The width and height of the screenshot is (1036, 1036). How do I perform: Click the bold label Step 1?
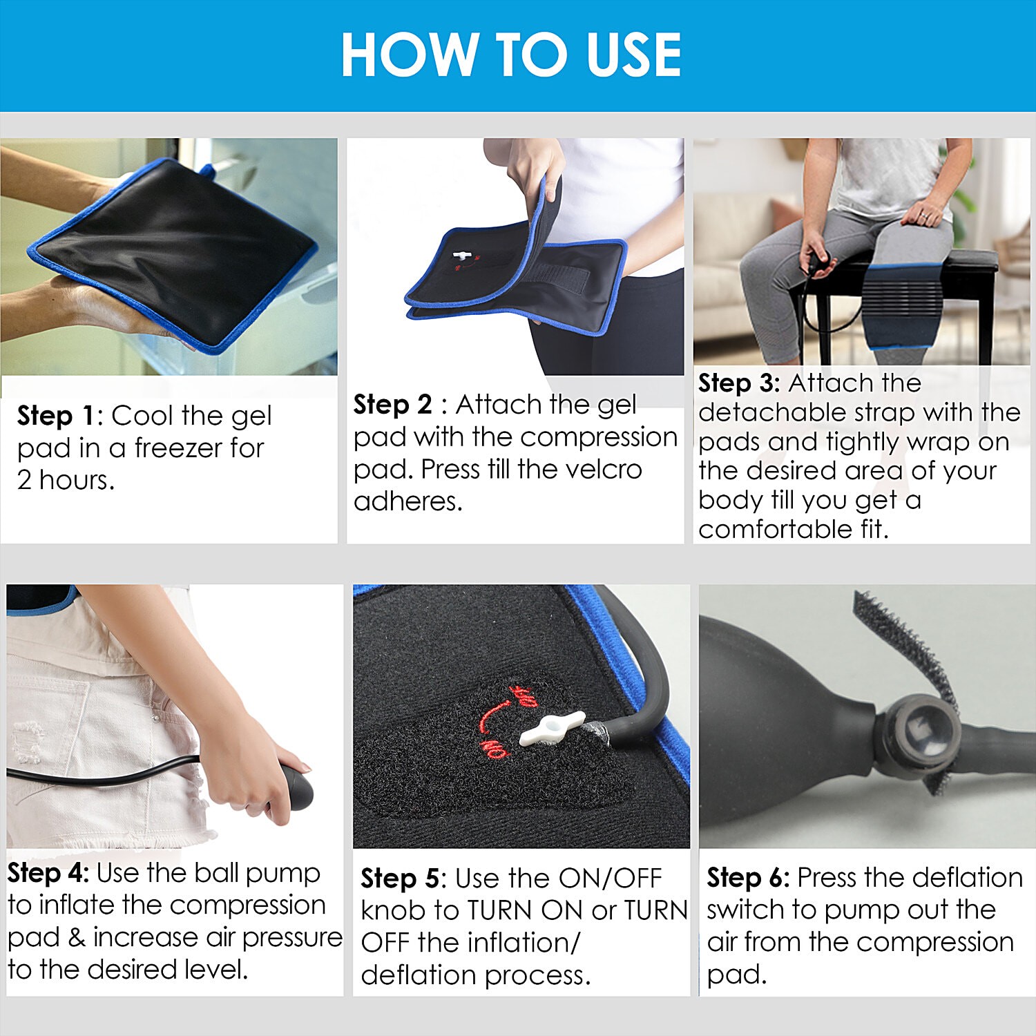coord(57,416)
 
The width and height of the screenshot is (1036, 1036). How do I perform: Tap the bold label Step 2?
coord(392,405)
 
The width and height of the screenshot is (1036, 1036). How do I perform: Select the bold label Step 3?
coord(738,383)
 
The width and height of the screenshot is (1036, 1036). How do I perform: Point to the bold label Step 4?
coord(48,873)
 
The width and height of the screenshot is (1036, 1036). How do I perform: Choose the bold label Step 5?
coord(401,879)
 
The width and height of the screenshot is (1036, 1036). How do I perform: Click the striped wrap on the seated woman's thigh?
coord(903,304)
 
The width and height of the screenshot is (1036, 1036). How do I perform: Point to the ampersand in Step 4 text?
coord(77,937)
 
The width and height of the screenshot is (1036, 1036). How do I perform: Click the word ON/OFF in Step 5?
coord(611,879)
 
